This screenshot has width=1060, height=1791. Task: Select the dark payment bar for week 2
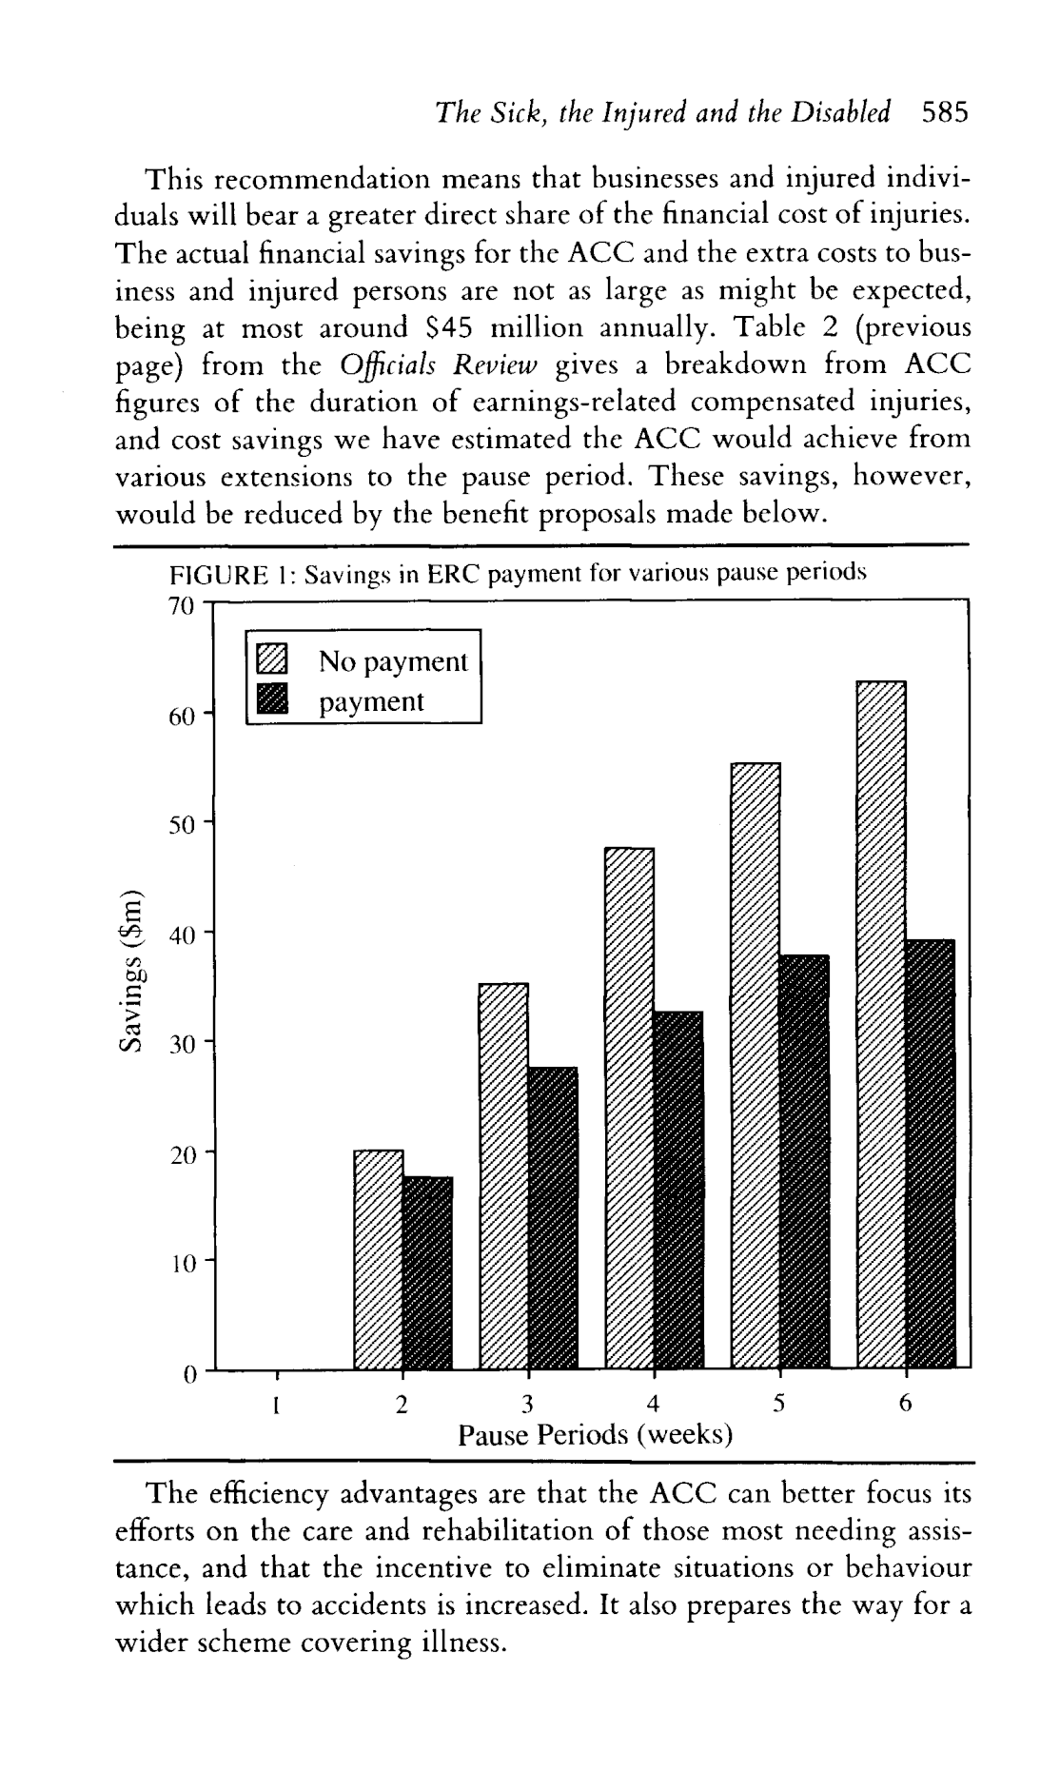coord(427,1272)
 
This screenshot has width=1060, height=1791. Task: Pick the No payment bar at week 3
coord(503,1175)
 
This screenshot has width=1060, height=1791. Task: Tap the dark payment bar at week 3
coord(553,1217)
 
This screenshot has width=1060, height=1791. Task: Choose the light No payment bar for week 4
coord(629,1108)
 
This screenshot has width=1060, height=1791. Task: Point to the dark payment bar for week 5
coord(804,1161)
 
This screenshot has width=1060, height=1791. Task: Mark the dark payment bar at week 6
coord(931,1153)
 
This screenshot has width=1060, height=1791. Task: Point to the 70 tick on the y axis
coord(181,606)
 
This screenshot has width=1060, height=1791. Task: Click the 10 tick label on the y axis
coord(181,1263)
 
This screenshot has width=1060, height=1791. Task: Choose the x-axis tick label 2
coord(402,1404)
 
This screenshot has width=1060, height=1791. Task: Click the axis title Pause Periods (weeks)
coord(595,1434)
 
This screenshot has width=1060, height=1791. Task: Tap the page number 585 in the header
coord(944,113)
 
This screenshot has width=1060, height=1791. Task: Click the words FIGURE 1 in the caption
coord(229,574)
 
